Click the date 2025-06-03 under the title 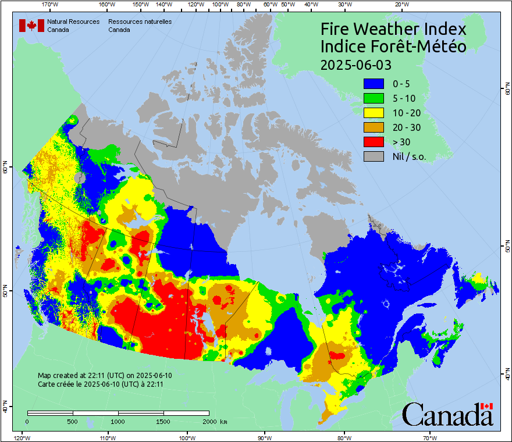click(355, 65)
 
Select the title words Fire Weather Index click(393, 29)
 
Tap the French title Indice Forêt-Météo click(393, 47)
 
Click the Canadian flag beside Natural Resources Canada click(31, 26)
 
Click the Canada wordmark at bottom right click(447, 415)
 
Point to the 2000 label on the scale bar click(209, 421)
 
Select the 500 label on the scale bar click(73, 421)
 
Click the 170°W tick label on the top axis click(51, 5)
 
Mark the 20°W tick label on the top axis click(400, 5)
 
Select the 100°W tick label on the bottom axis click(187, 437)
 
